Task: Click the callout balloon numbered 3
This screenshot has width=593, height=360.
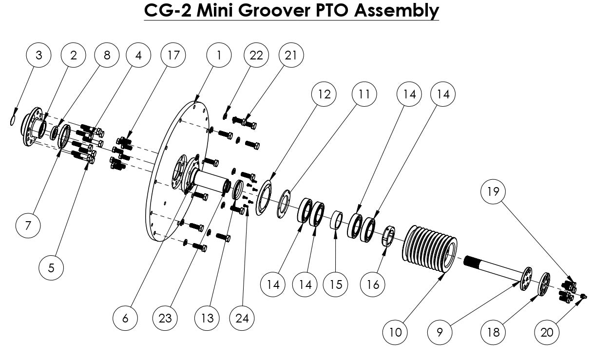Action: tap(39, 56)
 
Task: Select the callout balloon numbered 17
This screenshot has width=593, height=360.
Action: tap(173, 56)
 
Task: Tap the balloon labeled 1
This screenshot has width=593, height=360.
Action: tap(219, 56)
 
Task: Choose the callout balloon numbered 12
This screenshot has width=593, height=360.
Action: tap(324, 94)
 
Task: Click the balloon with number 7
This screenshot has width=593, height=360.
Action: tap(28, 226)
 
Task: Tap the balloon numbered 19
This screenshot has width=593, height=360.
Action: tap(493, 191)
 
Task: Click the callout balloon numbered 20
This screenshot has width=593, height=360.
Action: tap(547, 332)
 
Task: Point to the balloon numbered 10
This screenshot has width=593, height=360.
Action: tap(395, 332)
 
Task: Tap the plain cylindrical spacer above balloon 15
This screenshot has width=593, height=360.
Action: tap(336, 220)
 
